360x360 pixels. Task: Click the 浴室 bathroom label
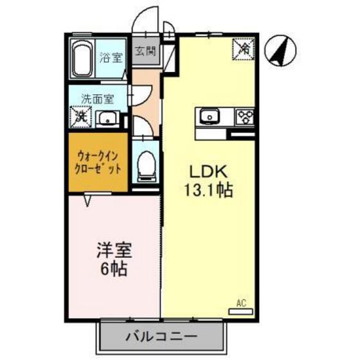click(x=111, y=58)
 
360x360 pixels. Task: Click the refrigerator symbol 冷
click(x=244, y=47)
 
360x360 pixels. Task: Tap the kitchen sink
click(x=210, y=118)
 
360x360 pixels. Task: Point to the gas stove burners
click(x=246, y=118)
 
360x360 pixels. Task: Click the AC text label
click(x=241, y=302)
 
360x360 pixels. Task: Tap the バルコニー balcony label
click(x=161, y=336)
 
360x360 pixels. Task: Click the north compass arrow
click(x=281, y=50)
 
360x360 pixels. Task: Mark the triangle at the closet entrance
click(x=88, y=201)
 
